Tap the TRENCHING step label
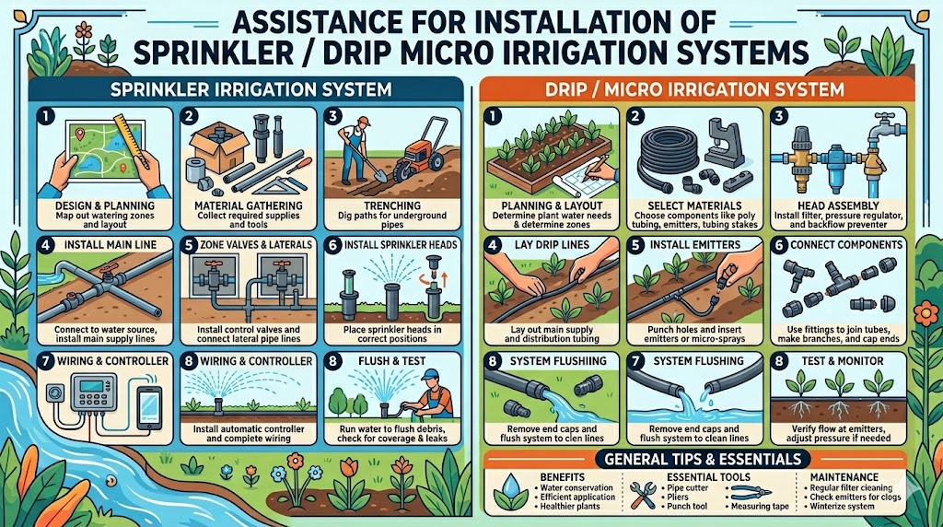[392, 205]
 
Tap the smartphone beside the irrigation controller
[149, 407]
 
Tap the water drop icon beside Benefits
[510, 491]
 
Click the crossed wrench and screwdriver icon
[642, 495]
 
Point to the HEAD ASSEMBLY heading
[838, 205]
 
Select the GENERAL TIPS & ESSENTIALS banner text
[703, 459]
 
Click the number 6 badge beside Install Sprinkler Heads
[332, 245]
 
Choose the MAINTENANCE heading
[844, 477]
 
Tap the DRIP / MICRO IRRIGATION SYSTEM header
[694, 90]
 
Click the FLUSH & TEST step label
[392, 361]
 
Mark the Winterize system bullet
[842, 507]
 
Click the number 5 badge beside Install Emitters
[635, 245]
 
